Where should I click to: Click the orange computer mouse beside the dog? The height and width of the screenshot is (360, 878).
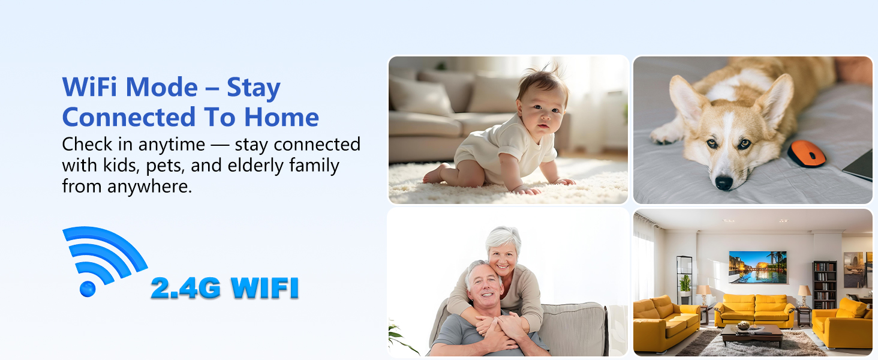coord(807,154)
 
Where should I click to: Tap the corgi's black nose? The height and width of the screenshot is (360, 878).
coord(723,183)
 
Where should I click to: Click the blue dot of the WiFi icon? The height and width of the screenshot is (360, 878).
coord(88,289)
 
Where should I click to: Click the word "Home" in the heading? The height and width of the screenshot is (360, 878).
coord(281,117)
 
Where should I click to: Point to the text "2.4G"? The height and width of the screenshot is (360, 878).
coord(186,288)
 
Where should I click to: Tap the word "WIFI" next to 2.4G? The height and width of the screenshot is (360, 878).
coord(265,288)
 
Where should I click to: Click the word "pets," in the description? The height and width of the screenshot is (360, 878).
coord(165,166)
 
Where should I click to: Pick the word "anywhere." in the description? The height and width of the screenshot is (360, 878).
coord(150,187)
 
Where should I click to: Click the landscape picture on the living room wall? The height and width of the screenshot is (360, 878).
coord(757,266)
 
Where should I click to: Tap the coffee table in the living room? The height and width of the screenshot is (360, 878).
coord(751,334)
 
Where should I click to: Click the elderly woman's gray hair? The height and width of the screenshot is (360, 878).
coord(503,237)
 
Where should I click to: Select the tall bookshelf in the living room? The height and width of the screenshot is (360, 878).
coord(824,285)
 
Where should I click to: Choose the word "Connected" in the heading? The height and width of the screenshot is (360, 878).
coord(129,117)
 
